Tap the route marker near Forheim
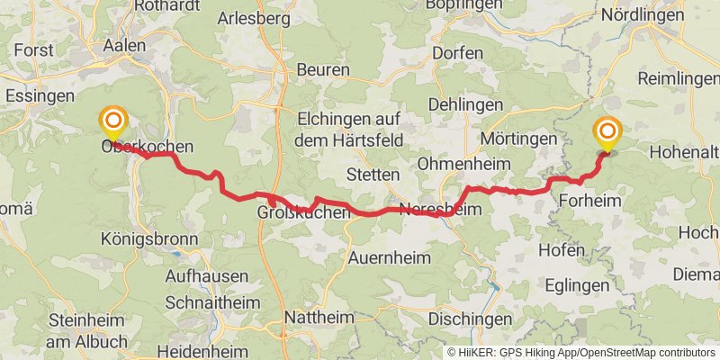click(607, 134)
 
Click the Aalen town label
click(125, 45)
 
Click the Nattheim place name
click(314, 318)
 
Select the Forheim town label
click(589, 201)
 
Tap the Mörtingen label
click(519, 139)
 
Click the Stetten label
click(373, 174)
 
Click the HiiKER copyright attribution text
click(580, 353)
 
